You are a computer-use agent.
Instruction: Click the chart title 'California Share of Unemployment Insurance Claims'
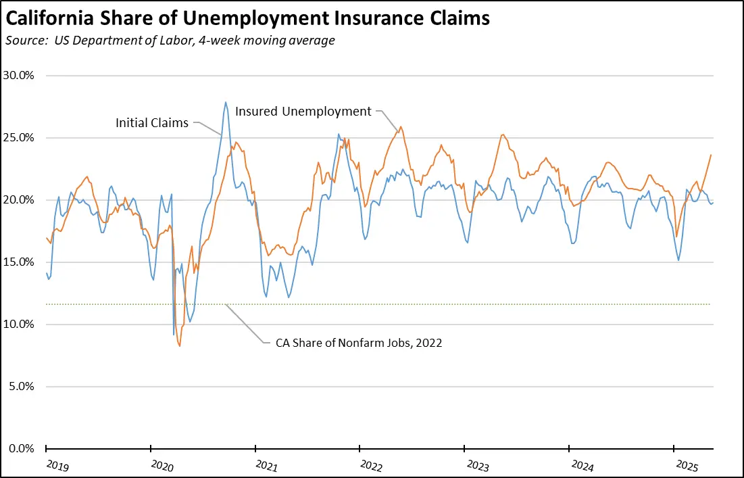pos(247,19)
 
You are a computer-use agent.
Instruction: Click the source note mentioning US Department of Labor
pos(170,41)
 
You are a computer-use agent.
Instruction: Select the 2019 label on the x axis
pos(58,465)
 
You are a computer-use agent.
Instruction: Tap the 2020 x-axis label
pos(163,465)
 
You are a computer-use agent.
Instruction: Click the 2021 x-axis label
pos(267,465)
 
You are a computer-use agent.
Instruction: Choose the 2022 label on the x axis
pos(372,465)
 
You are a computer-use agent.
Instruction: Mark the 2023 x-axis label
pos(476,465)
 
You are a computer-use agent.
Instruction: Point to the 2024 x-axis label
pos(581,465)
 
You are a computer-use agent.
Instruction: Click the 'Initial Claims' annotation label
pos(152,123)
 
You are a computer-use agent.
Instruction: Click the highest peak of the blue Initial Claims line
pos(226,103)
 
